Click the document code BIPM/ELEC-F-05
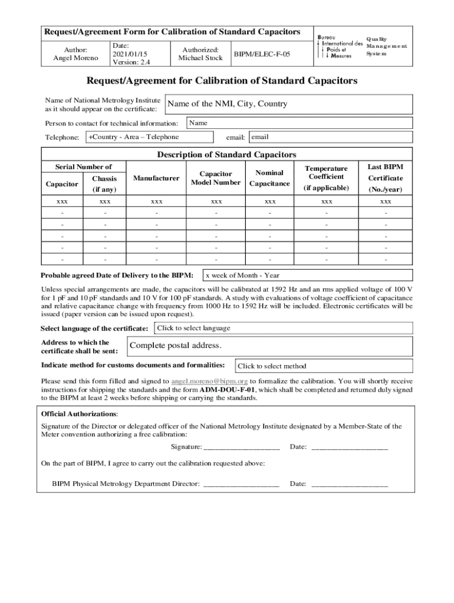point(262,54)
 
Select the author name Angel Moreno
point(75,58)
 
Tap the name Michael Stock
point(200,58)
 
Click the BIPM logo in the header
point(340,45)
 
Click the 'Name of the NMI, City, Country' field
point(289,104)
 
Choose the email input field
point(330,137)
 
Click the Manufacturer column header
point(156,178)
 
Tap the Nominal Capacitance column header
point(269,178)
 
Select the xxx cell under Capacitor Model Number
point(215,201)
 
